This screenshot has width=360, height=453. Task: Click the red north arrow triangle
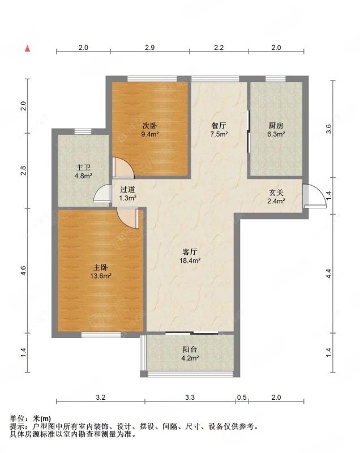(27, 48)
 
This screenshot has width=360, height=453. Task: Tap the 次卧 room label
(150, 126)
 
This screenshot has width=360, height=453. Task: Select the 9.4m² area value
(150, 134)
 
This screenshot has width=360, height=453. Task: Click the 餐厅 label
(219, 126)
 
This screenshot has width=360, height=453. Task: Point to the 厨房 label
(276, 126)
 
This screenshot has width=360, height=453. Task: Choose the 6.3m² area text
(276, 134)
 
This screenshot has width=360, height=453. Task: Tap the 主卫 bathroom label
(83, 168)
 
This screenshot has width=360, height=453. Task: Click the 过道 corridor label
(127, 190)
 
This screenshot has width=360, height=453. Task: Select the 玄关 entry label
(276, 193)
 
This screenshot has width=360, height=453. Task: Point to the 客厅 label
(190, 252)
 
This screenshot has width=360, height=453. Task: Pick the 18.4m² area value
(190, 260)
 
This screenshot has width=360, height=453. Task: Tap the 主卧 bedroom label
(101, 267)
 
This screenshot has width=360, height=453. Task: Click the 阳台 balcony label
(190, 349)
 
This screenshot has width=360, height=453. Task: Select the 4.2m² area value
(190, 358)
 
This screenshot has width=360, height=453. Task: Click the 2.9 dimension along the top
(150, 48)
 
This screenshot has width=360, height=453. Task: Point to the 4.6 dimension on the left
(23, 271)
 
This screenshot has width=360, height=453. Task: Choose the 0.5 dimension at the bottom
(242, 398)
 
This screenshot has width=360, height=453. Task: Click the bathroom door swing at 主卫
(103, 193)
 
